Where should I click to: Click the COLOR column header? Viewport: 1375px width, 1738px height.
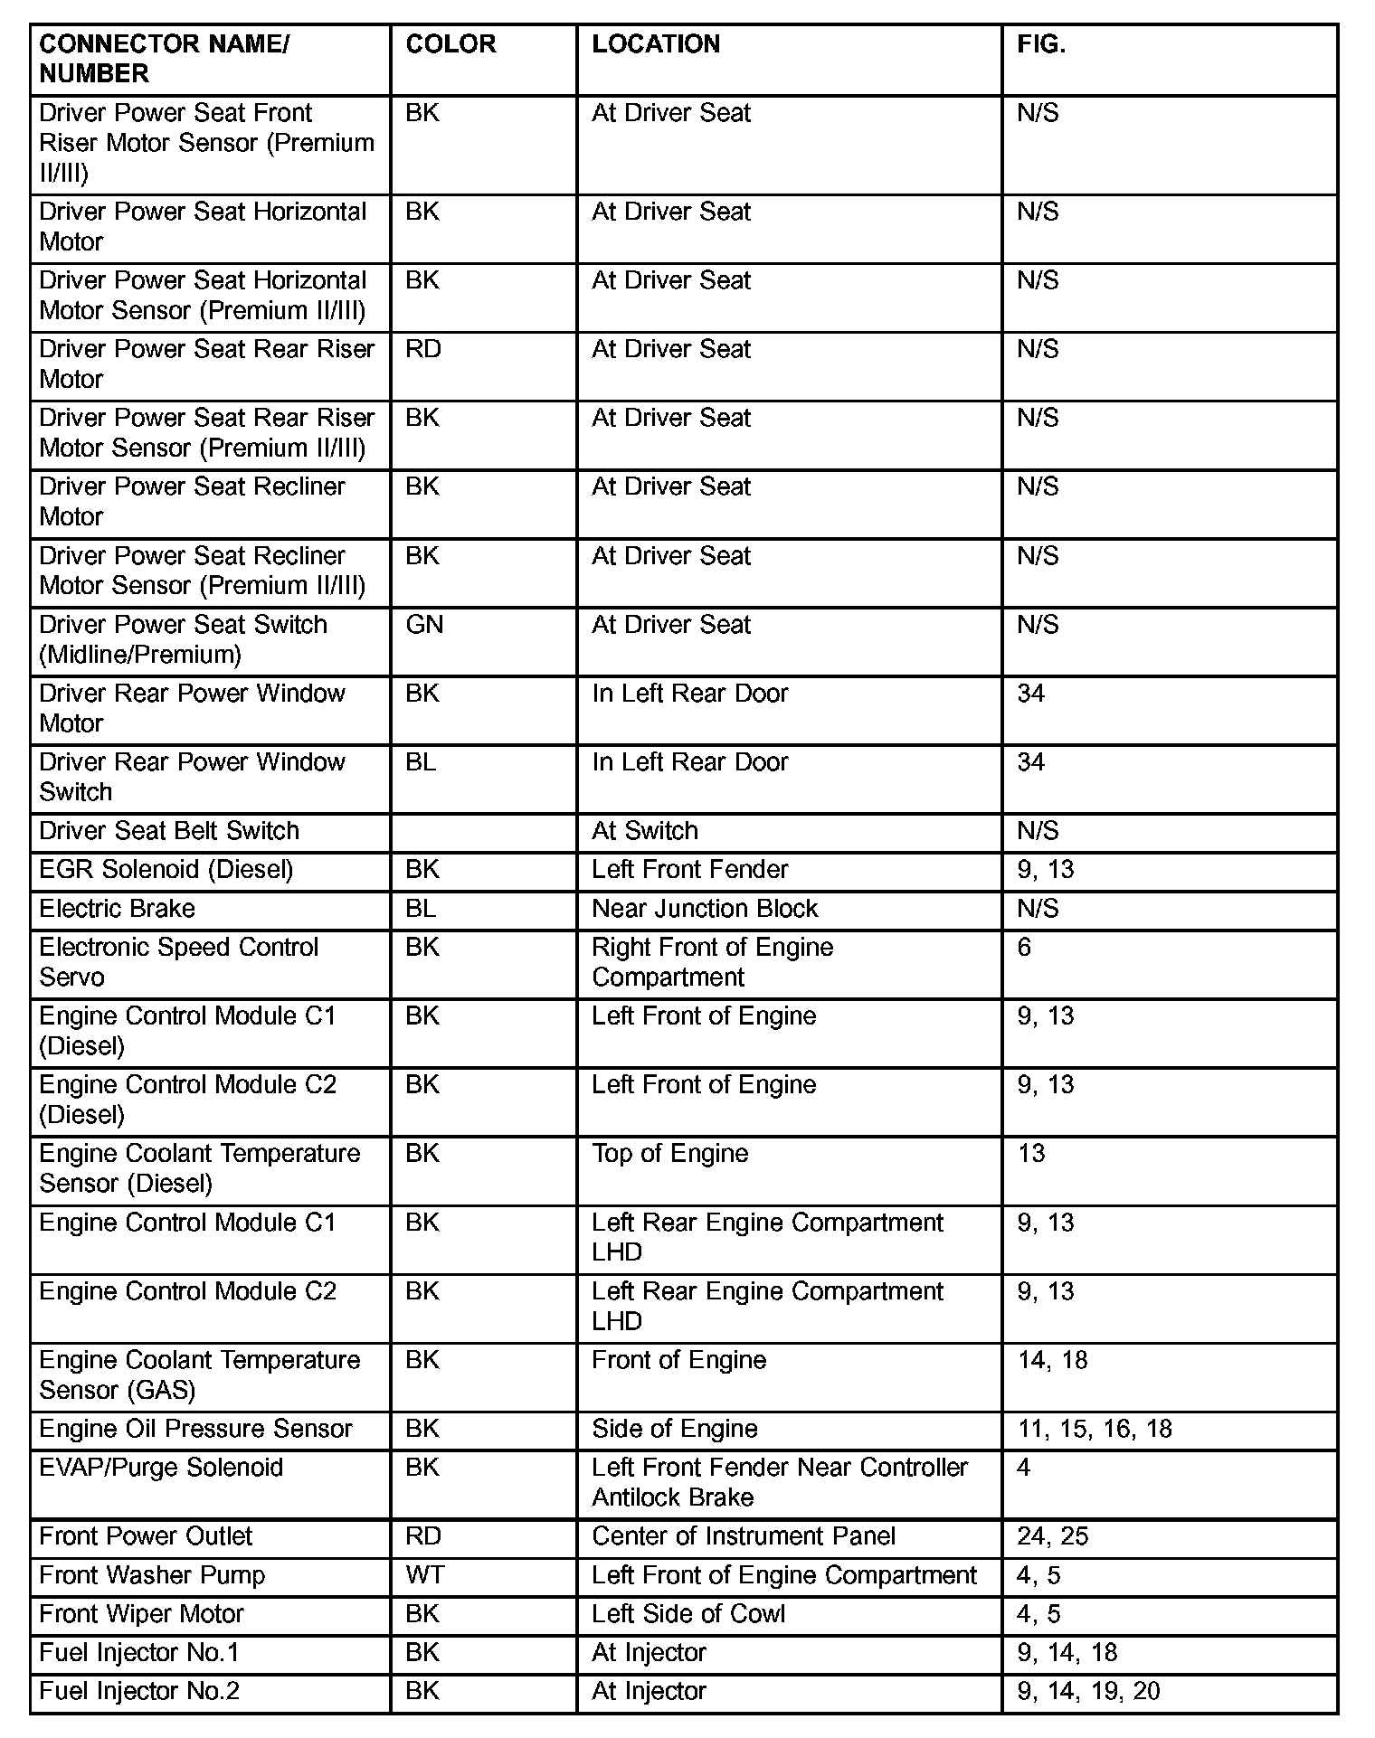pyautogui.click(x=450, y=44)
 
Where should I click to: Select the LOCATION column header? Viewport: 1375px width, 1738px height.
pyautogui.click(x=656, y=44)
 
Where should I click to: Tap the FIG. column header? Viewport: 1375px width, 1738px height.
pyautogui.click(x=1041, y=44)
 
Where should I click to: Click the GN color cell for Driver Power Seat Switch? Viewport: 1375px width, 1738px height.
pyautogui.click(x=424, y=625)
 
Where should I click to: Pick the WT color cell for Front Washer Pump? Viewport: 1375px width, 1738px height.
pyautogui.click(x=424, y=1575)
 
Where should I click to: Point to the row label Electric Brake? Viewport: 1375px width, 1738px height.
pyautogui.click(x=117, y=908)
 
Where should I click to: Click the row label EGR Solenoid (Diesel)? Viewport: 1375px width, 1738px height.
pyautogui.click(x=166, y=869)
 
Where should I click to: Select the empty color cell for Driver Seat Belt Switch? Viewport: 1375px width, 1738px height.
pyautogui.click(x=483, y=831)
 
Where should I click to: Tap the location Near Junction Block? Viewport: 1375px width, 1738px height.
pyautogui.click(x=705, y=908)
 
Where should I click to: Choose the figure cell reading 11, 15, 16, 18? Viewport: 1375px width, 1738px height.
pyautogui.click(x=1095, y=1429)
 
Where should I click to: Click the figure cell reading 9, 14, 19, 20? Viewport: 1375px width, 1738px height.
pyautogui.click(x=1088, y=1691)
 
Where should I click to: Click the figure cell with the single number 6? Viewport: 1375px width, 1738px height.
pyautogui.click(x=1024, y=947)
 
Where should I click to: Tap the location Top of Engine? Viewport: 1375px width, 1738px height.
pyautogui.click(x=670, y=1153)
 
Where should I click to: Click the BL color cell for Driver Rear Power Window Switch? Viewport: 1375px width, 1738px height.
pyautogui.click(x=421, y=762)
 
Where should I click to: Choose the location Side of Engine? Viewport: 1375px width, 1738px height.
pyautogui.click(x=675, y=1429)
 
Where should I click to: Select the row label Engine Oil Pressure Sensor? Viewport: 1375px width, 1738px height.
pyautogui.click(x=195, y=1429)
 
